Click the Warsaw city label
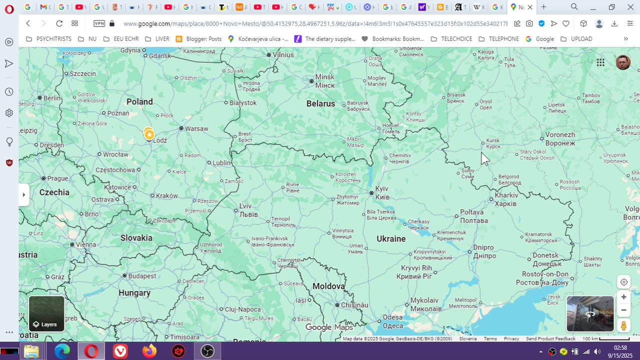196,128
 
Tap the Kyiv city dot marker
371,192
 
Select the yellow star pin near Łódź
149,134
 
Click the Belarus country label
320,103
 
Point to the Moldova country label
328,286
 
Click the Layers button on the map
46,313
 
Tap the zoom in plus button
623,297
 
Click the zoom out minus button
623,310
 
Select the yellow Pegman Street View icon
623,325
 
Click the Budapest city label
142,276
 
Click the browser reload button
59,23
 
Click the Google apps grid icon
600,62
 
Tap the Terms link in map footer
490,339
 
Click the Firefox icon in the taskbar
149,351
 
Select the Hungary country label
134,293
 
